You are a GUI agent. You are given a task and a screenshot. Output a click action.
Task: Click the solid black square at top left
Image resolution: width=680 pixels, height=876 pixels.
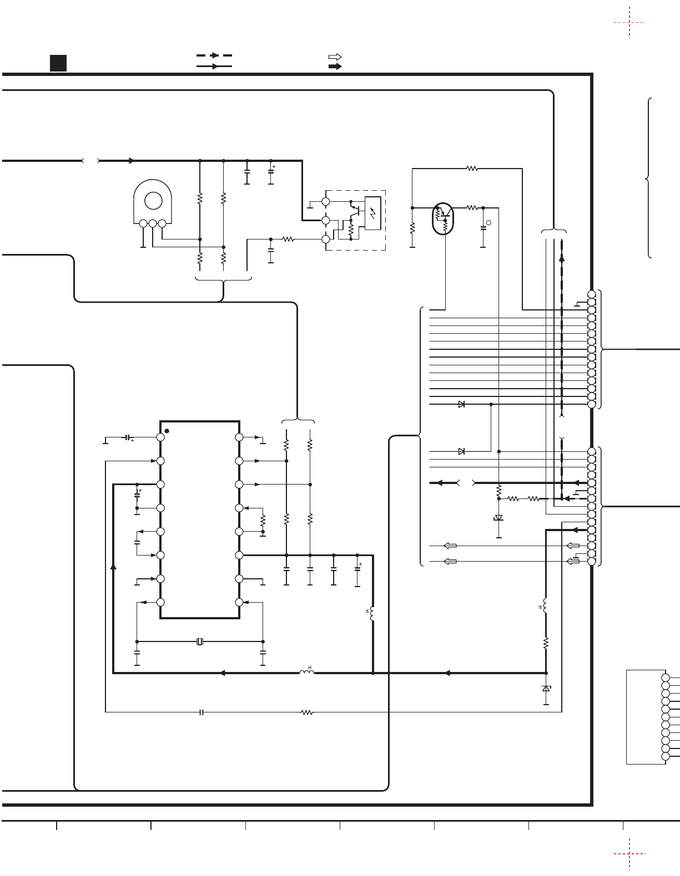pos(58,63)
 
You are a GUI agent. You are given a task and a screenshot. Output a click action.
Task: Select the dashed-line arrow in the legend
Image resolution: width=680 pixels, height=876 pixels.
pos(214,55)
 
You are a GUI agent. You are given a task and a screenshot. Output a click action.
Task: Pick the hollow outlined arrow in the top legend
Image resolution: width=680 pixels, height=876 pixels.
pos(335,57)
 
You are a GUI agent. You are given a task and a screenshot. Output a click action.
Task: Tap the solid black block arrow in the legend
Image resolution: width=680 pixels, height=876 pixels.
pos(335,66)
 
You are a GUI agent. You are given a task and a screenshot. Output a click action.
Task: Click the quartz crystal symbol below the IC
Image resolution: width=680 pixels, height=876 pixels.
pos(200,641)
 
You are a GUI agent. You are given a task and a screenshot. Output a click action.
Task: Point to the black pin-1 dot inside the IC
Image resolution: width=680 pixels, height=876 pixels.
pos(167,431)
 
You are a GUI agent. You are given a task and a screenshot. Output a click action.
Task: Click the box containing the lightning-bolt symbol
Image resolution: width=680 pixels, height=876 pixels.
pos(372,213)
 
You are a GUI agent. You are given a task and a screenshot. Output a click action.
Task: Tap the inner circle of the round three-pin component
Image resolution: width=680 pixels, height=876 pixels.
pos(153,201)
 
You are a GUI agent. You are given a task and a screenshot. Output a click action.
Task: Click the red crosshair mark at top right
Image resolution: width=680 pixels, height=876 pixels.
pos(629,23)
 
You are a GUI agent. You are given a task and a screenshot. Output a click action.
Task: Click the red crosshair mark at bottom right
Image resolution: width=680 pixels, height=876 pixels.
pos(629,854)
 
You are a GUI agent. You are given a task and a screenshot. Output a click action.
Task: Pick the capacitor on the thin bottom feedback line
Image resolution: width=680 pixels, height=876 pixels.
pos(202,712)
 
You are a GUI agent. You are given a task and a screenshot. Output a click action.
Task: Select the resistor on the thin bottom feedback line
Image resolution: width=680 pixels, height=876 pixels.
pos(306,712)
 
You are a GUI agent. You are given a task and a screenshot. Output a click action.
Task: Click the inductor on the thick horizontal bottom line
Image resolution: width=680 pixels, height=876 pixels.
pos(306,673)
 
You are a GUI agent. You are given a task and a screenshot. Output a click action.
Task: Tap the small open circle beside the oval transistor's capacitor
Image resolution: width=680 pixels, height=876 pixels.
pos(488,223)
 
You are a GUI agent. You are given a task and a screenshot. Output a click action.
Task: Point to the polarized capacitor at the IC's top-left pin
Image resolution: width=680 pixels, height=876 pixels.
pos(128,438)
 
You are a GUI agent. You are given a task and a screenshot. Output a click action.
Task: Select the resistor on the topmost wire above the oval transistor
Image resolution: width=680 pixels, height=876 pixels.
pos(472,168)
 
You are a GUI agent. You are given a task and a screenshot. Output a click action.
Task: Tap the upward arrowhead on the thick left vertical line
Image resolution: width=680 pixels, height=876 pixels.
pos(113,566)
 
